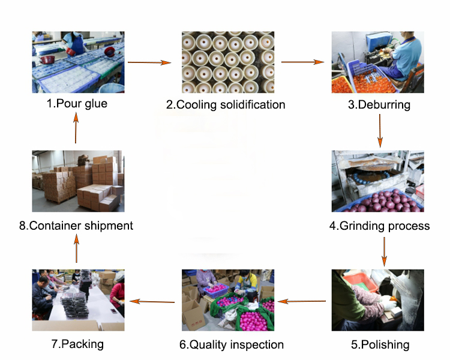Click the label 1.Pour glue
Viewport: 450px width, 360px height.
(77, 103)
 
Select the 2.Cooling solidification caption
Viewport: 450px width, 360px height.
(226, 104)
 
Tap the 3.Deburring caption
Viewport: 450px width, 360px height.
(379, 104)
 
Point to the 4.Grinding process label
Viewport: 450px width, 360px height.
(379, 226)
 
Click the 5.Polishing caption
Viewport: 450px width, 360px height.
(379, 344)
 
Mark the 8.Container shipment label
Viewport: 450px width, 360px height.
(76, 226)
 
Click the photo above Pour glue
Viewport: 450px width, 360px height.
(78, 62)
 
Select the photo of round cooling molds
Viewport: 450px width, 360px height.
(228, 62)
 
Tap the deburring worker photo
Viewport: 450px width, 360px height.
(378, 62)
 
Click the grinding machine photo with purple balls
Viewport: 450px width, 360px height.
(378, 181)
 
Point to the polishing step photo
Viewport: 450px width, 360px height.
(378, 300)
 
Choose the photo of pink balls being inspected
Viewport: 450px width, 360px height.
(228, 300)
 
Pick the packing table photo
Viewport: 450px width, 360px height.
(78, 300)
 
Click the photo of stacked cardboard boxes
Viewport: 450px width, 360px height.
(78, 181)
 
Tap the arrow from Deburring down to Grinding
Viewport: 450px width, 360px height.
(380, 130)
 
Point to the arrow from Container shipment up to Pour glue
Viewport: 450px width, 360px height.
(76, 128)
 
